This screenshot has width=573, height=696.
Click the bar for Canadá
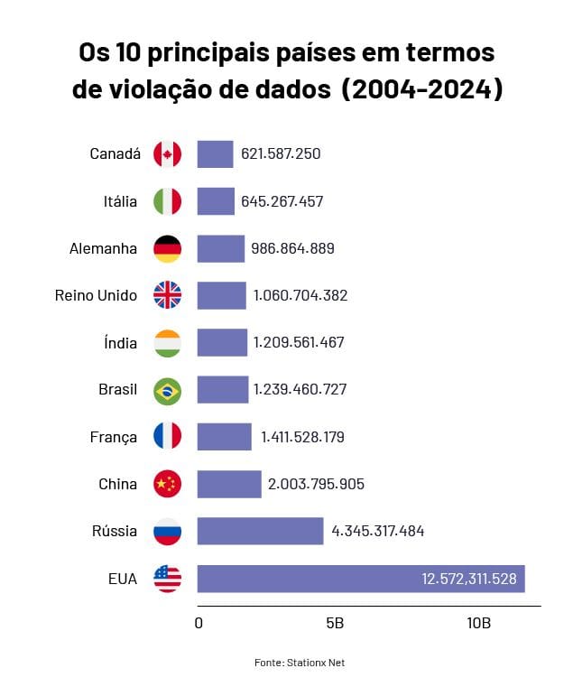[215, 154]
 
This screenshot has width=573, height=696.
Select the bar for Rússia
[260, 531]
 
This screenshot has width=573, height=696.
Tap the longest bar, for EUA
[361, 578]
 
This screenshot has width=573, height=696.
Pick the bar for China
[229, 484]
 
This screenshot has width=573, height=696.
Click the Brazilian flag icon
[167, 391]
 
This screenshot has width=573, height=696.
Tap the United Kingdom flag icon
[167, 295]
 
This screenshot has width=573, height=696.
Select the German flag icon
[167, 248]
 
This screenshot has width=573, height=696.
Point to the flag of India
[167, 343]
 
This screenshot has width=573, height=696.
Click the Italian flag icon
[167, 201]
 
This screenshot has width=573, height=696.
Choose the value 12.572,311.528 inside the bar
[468, 578]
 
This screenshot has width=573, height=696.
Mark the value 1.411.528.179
[302, 438]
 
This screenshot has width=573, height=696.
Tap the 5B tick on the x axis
[334, 624]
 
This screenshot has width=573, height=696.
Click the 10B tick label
[478, 624]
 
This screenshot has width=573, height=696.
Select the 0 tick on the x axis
[199, 624]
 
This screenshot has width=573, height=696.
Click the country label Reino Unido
[96, 295]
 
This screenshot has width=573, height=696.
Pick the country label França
[114, 438]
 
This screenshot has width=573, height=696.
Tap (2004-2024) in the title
[422, 90]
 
